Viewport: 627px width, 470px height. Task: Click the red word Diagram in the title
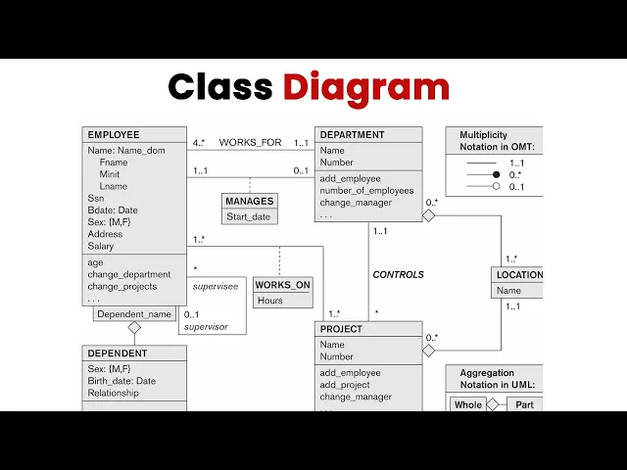[x=366, y=88]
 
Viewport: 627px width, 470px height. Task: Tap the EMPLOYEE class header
[x=114, y=135]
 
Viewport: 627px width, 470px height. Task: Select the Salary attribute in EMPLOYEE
[x=101, y=246]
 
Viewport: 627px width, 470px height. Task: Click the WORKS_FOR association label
[x=251, y=143]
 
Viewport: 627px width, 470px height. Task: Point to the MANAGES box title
[x=250, y=201]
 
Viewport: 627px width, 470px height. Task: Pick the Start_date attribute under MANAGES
[x=249, y=217]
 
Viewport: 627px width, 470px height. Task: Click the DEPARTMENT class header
[x=353, y=135]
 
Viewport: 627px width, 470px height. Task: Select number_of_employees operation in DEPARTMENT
[x=366, y=191]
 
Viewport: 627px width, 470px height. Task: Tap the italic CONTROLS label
[x=399, y=275]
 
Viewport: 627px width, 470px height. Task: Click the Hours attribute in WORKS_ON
[x=270, y=301]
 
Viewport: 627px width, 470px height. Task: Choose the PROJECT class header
[x=341, y=329]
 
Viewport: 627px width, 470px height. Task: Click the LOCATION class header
[x=519, y=275]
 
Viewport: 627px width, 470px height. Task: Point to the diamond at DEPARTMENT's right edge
[x=429, y=215]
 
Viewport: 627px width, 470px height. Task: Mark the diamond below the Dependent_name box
[x=134, y=328]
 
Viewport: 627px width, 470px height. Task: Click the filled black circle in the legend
[x=497, y=174]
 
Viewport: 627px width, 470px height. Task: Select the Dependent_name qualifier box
[x=134, y=314]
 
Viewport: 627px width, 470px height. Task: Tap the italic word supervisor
[x=206, y=327]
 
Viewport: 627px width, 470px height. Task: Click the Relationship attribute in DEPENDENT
[x=114, y=394]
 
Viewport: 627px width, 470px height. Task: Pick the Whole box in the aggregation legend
[x=468, y=404]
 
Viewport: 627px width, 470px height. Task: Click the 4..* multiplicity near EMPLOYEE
[x=199, y=143]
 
